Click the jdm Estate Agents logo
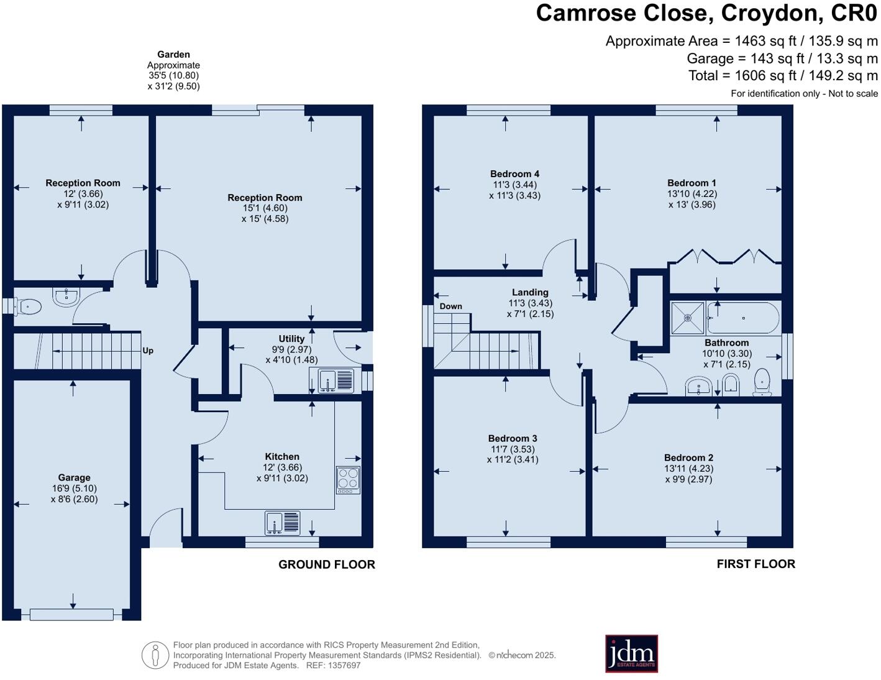point(631,653)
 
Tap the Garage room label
point(74,477)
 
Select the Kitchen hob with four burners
point(348,479)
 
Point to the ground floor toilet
point(27,306)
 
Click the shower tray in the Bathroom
point(688,318)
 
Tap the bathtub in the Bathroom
point(743,318)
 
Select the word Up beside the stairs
point(148,351)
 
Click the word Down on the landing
point(450,306)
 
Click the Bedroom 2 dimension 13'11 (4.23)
point(688,469)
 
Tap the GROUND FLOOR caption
point(327,564)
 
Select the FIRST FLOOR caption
point(755,564)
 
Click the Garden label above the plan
point(173,55)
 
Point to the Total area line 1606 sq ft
point(783,76)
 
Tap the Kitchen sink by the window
point(283,523)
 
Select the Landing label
point(530,292)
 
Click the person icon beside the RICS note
point(155,655)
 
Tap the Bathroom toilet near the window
point(762,382)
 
